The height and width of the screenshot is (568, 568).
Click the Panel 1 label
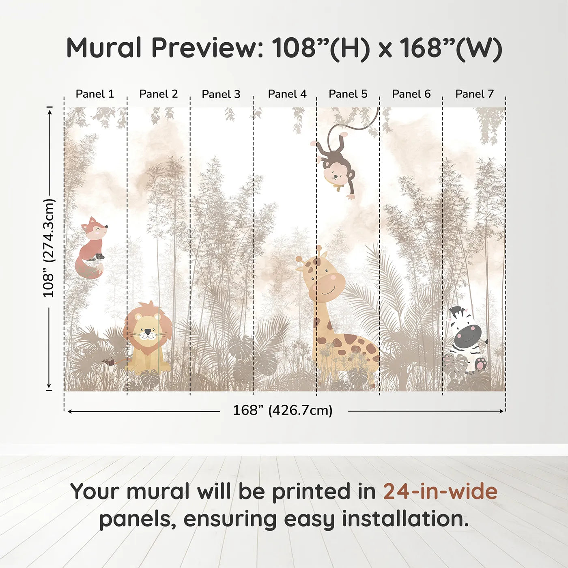pyautogui.click(x=95, y=94)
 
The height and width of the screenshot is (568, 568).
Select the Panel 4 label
pyautogui.click(x=287, y=94)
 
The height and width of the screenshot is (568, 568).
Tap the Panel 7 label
pyautogui.click(x=474, y=94)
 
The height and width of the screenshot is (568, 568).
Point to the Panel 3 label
pyautogui.click(x=221, y=95)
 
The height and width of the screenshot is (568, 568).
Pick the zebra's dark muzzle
pyautogui.click(x=469, y=333)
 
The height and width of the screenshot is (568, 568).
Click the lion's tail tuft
pyautogui.click(x=108, y=361)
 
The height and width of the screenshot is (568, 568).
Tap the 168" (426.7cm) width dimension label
pyautogui.click(x=282, y=411)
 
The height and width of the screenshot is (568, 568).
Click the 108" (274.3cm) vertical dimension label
pyautogui.click(x=49, y=248)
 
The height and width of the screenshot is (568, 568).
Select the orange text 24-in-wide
pyautogui.click(x=440, y=492)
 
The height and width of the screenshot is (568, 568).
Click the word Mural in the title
pyautogui.click(x=104, y=48)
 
